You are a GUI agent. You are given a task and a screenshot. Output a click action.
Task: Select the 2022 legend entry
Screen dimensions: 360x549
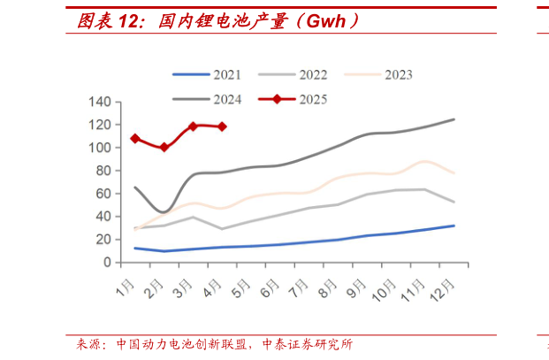pos(313,75)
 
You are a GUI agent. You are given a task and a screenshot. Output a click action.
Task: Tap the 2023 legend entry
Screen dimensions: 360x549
pos(399,75)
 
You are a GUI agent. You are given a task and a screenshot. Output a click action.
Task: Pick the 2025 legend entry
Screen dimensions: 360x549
pos(313,99)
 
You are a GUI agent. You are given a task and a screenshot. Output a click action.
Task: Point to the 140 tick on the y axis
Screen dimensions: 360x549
pos(100,103)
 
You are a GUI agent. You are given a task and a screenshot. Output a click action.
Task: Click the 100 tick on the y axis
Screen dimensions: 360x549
pos(100,148)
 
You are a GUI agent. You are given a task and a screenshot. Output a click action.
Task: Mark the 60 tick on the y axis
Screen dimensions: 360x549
pos(103,194)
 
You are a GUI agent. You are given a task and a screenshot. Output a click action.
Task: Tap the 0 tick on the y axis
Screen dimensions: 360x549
pos(107,263)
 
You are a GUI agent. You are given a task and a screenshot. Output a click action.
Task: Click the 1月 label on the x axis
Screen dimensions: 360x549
pos(126,288)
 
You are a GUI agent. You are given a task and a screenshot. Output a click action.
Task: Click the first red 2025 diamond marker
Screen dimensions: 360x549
pos(134,139)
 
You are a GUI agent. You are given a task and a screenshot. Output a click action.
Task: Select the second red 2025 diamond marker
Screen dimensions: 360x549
pos(164,147)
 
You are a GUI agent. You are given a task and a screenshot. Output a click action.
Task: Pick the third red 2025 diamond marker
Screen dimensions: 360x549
pos(193,126)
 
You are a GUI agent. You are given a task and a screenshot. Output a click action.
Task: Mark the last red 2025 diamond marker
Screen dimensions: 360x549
pos(222,126)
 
